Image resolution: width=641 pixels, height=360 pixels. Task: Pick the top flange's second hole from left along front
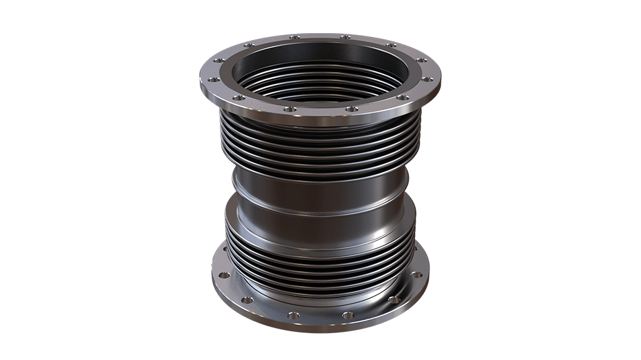pyautogui.click(x=238, y=98)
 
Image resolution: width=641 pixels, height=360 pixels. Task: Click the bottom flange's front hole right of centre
pyautogui.click(x=348, y=315)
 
